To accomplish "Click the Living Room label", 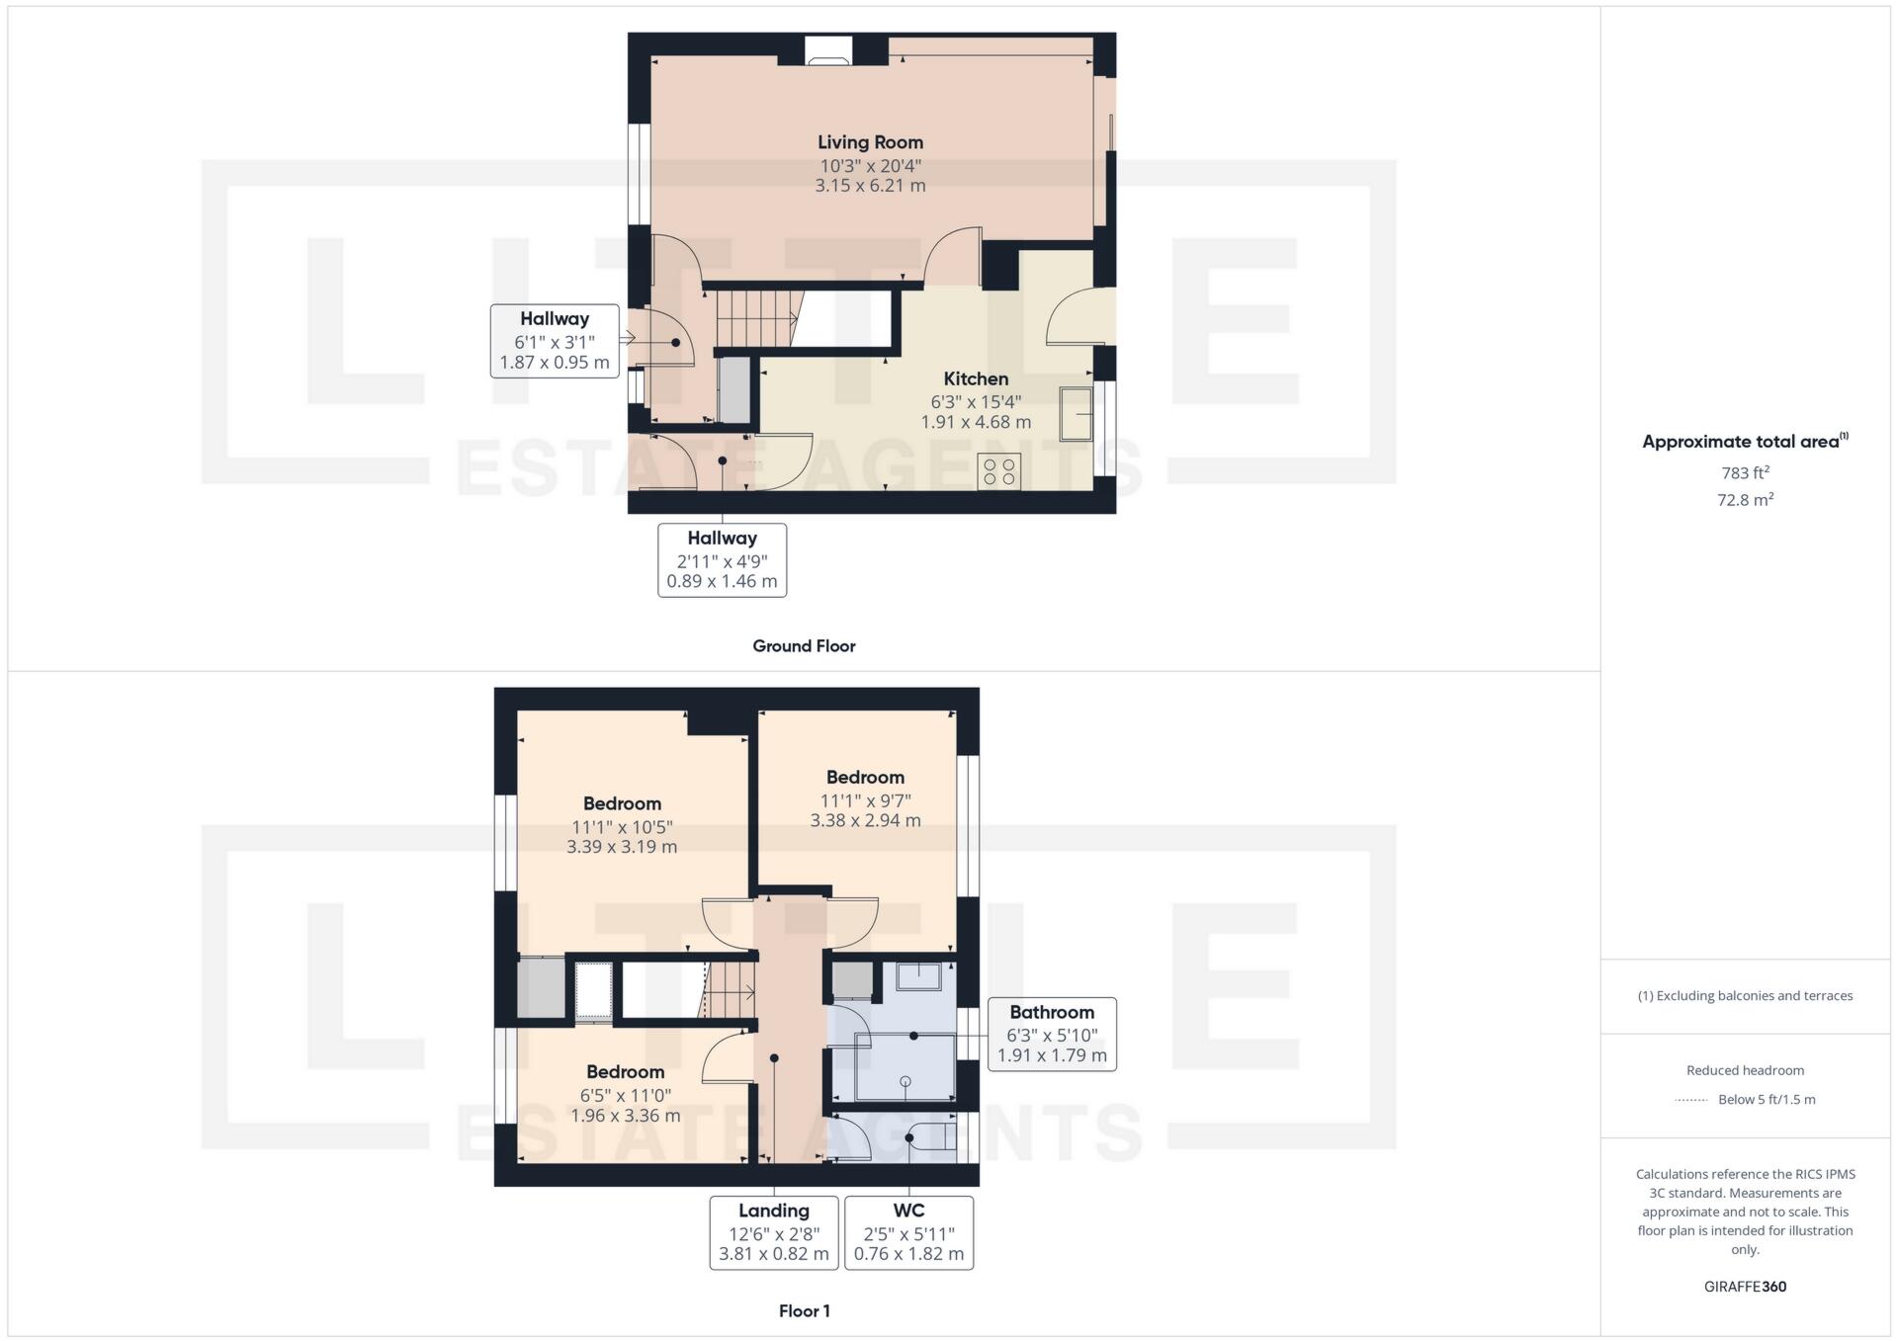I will pyautogui.click(x=870, y=143).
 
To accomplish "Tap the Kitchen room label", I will pyautogui.click(x=976, y=379).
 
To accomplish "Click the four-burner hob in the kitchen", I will pyautogui.click(x=999, y=471).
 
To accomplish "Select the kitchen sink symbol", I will pyautogui.click(x=1077, y=413).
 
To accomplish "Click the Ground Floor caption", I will pyautogui.click(x=804, y=646).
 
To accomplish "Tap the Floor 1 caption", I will pyautogui.click(x=804, y=1311).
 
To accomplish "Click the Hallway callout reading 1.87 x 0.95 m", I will pyautogui.click(x=555, y=341).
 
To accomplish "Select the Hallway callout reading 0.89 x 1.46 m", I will pyautogui.click(x=722, y=560).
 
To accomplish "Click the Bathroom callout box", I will pyautogui.click(x=1052, y=1034).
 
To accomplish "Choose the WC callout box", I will pyautogui.click(x=908, y=1232).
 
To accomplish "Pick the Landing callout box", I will pyautogui.click(x=774, y=1232).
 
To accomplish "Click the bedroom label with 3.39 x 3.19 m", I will pyautogui.click(x=622, y=804).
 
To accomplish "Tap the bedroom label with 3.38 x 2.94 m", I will pyautogui.click(x=865, y=778).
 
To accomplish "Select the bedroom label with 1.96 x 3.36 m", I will pyautogui.click(x=625, y=1072).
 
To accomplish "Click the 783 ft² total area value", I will pyautogui.click(x=1745, y=473).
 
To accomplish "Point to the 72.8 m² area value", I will pyautogui.click(x=1745, y=500).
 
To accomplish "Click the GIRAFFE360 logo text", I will pyautogui.click(x=1745, y=1287).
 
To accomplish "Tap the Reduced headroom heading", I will pyautogui.click(x=1745, y=1070).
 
